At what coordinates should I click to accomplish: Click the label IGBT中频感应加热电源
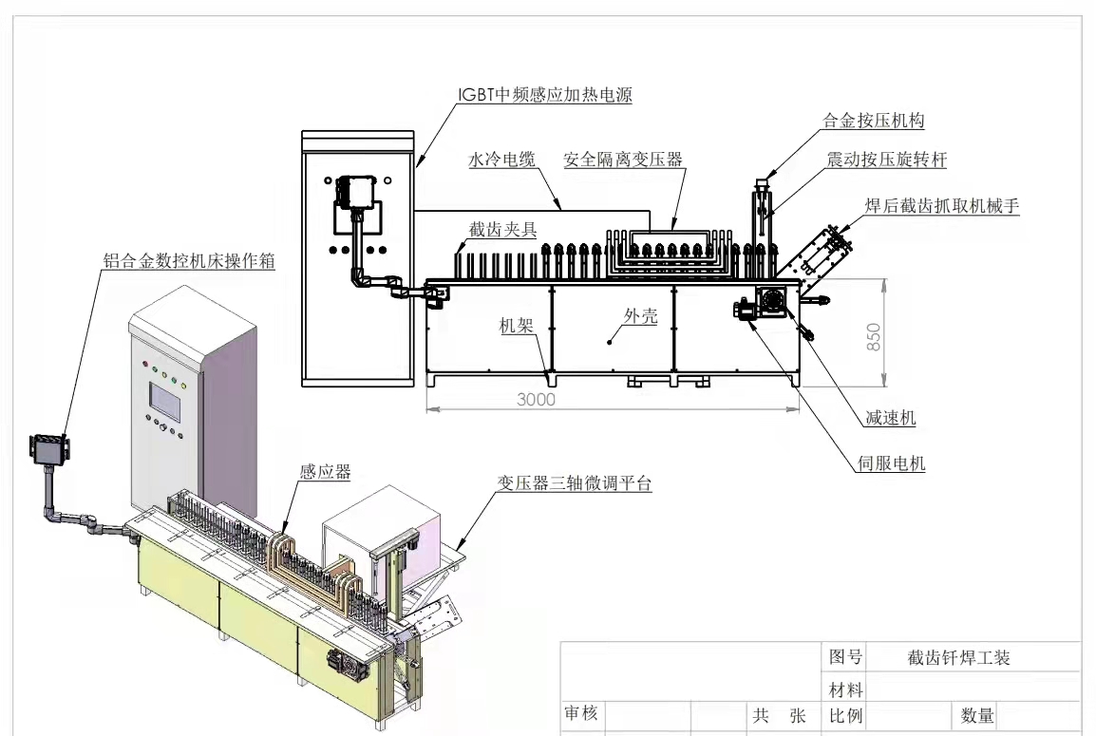click(542, 96)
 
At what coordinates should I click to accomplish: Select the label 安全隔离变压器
click(623, 160)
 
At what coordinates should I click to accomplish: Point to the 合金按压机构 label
click(874, 121)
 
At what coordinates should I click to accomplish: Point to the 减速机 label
click(892, 419)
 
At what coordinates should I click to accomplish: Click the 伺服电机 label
click(891, 464)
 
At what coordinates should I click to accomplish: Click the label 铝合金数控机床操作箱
click(189, 259)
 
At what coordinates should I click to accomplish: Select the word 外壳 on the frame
click(640, 317)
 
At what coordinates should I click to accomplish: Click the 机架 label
click(517, 326)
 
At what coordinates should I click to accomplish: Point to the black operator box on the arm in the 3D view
click(48, 448)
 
